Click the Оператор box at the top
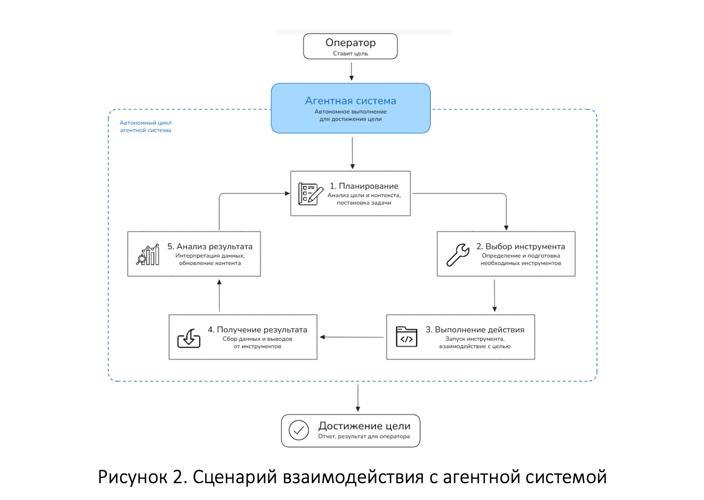coord(350,46)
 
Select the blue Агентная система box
coord(351,108)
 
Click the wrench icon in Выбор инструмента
coord(458,254)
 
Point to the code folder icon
coord(406,337)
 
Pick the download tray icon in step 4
coord(189,338)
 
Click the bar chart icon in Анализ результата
coord(148,254)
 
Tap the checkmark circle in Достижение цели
coord(299,430)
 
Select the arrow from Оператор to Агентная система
coord(352,72)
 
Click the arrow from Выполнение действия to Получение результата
coord(352,337)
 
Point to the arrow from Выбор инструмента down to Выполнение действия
coord(494,296)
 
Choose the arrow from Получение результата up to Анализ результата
coord(219,296)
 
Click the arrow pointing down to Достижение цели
coord(358,398)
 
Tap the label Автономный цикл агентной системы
coord(146,126)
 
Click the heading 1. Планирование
coord(364,186)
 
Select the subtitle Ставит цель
coord(351,53)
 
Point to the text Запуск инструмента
coord(474,339)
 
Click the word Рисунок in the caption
coord(133,477)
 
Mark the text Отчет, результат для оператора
coord(364,437)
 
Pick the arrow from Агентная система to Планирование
coord(352,153)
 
